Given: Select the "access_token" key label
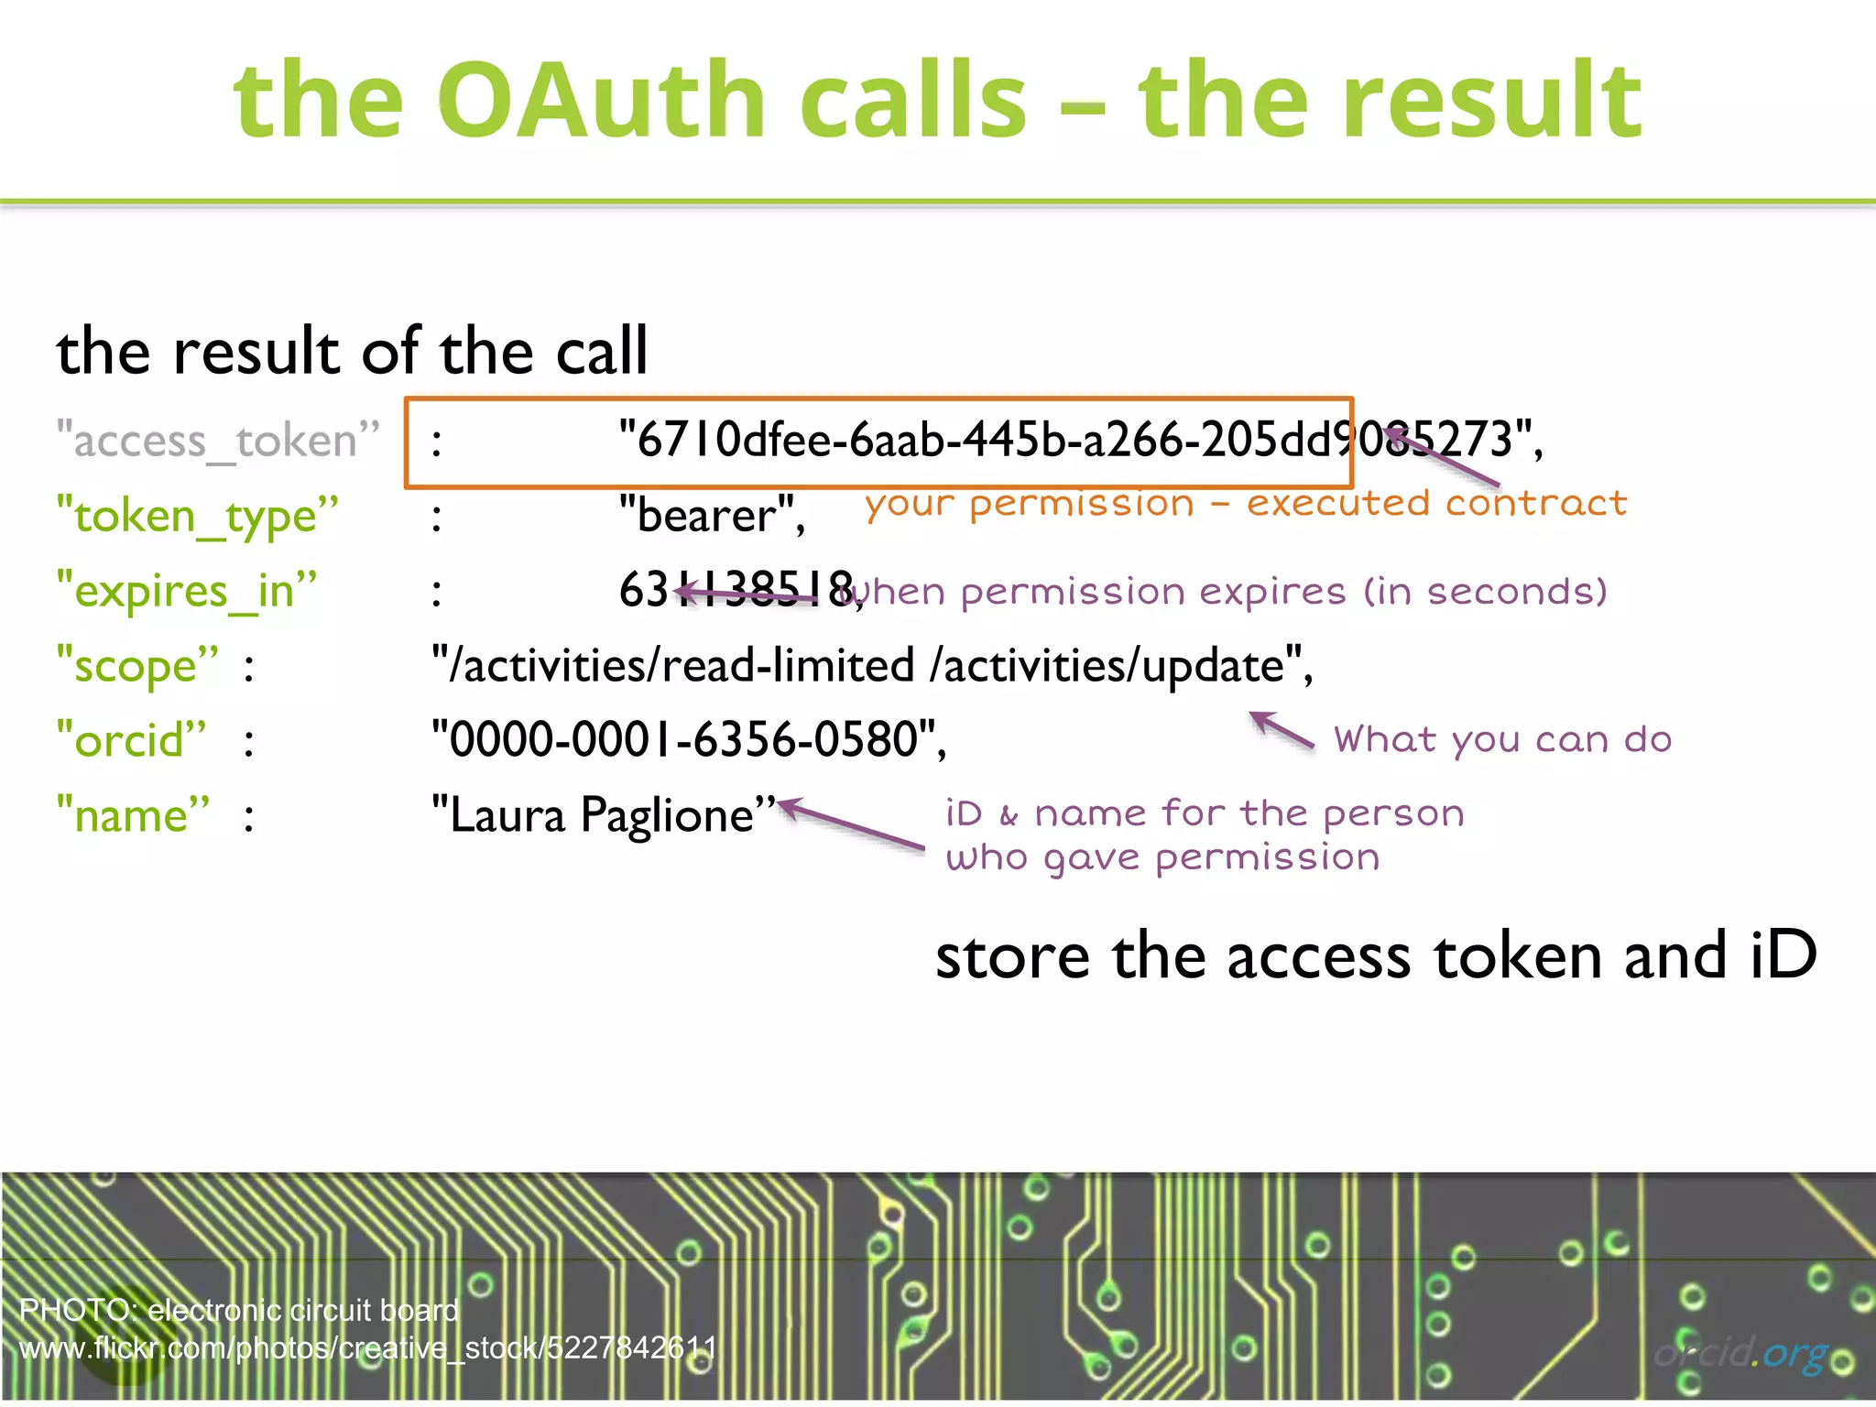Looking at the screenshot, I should coord(218,441).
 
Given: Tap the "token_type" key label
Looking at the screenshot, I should coord(197,516).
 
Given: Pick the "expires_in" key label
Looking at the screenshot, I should coord(187,591).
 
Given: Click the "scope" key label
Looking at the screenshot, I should coord(137,666).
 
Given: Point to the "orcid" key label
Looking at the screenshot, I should coord(132,740).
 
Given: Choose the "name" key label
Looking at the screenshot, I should coord(134,815).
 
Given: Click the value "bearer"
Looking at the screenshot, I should coord(711,516).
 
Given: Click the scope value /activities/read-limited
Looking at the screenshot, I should coord(673,666).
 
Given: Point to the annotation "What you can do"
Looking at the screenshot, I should coord(1502,740).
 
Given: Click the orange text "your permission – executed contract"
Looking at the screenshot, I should coord(1246,504).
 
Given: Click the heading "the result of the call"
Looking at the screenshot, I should coord(352,352).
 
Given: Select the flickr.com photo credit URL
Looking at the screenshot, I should coord(366,1348).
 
